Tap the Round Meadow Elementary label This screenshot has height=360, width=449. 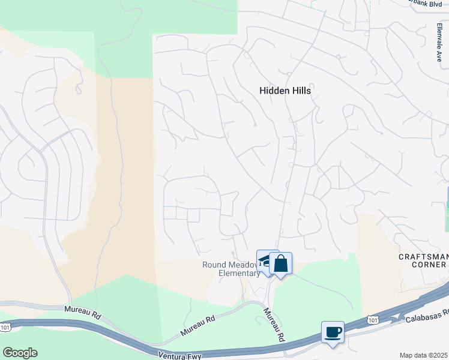pyautogui.click(x=231, y=269)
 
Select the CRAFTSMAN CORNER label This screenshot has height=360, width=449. pyautogui.click(x=424, y=262)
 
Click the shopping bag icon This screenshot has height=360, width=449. pyautogui.click(x=280, y=263)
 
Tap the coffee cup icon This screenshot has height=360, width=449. pyautogui.click(x=333, y=332)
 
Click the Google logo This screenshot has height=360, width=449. pyautogui.click(x=20, y=353)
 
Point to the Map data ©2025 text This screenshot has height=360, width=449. pyautogui.click(x=424, y=355)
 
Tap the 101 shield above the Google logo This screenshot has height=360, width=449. pyautogui.click(x=5, y=327)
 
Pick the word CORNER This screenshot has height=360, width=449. pyautogui.click(x=431, y=266)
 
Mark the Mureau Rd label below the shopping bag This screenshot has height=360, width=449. pyautogui.click(x=274, y=325)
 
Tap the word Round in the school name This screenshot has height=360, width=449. pyautogui.click(x=214, y=265)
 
